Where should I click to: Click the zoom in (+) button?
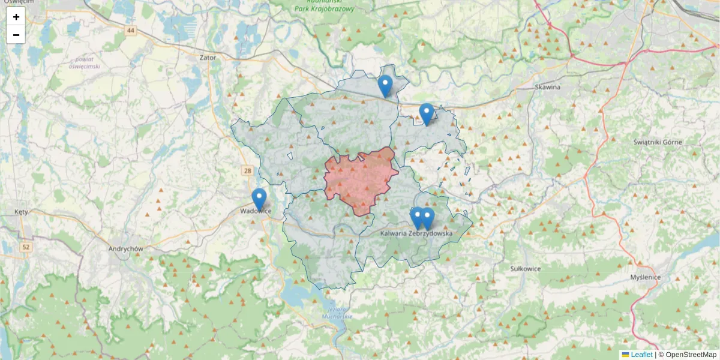[x=16, y=17]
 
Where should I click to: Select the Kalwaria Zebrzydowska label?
[x=416, y=233]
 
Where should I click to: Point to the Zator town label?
[x=208, y=58]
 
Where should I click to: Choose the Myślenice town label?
[x=646, y=277]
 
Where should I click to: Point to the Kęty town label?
[x=22, y=212]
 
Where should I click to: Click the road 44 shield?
[x=131, y=29]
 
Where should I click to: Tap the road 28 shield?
[x=247, y=171]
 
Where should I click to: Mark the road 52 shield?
[x=25, y=247]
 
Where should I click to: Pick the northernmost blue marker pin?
[x=385, y=86]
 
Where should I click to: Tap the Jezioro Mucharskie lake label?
[x=336, y=312]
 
